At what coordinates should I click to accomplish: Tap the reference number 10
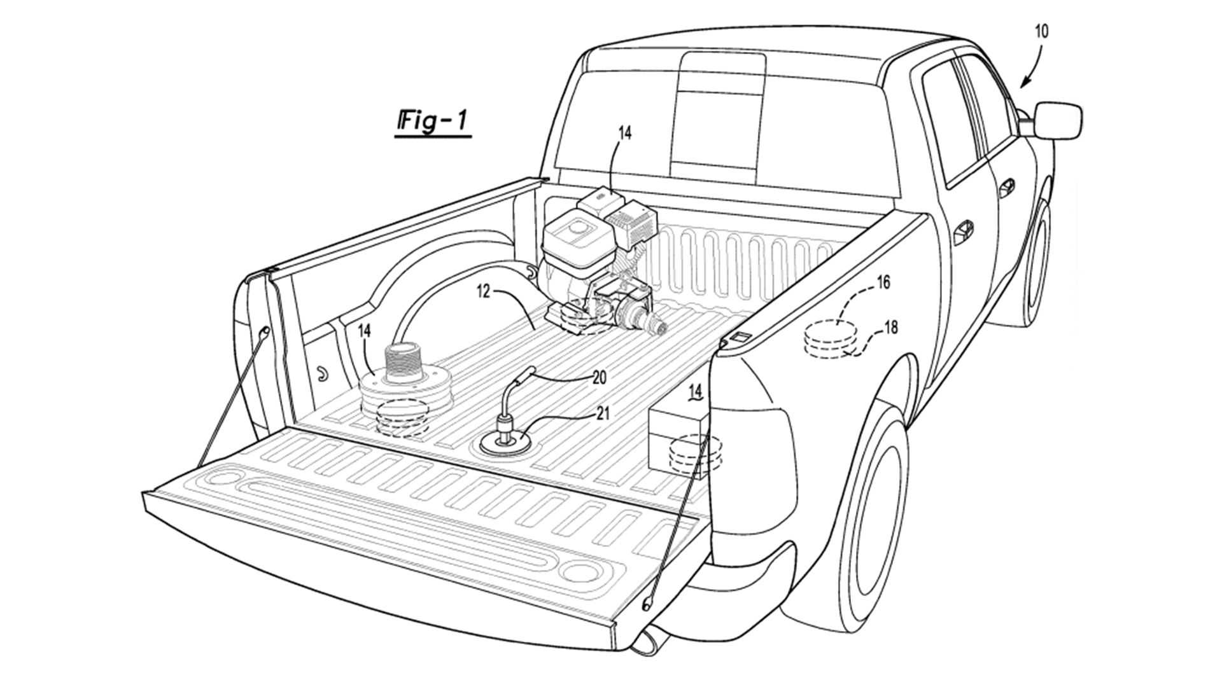[x=1041, y=31]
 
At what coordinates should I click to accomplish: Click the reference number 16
[x=883, y=282]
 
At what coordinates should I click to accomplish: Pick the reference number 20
[x=598, y=377]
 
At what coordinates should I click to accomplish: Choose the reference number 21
[x=602, y=413]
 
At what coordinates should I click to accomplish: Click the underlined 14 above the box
[x=696, y=391]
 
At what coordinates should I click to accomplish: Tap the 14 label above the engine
[x=624, y=134]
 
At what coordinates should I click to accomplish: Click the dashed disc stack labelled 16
[x=831, y=340]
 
